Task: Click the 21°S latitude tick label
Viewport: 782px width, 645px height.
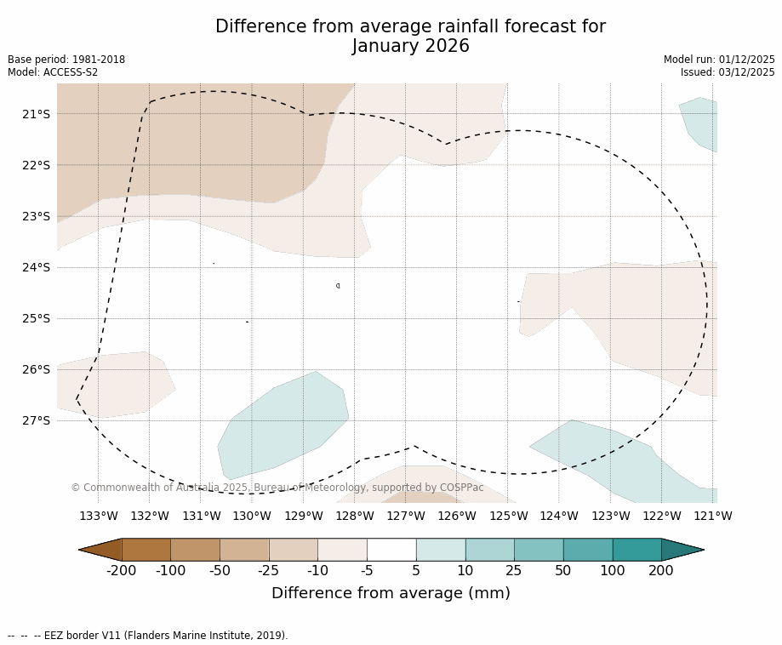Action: (36, 114)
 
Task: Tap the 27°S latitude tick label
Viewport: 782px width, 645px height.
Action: (36, 420)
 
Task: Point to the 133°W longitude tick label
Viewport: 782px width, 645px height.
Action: (99, 516)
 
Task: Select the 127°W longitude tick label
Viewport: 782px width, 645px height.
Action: (406, 516)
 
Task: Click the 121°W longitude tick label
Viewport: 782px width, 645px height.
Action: (713, 516)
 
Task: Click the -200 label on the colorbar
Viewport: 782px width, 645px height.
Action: (122, 570)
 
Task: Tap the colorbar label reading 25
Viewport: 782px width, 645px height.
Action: (514, 570)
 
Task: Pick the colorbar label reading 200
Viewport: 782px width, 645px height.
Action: (661, 570)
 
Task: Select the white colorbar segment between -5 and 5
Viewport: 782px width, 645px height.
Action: (391, 550)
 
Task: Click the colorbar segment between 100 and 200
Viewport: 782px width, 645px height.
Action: (636, 550)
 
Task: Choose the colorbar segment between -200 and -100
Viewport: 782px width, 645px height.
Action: (146, 550)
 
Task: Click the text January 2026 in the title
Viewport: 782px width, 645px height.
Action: (410, 46)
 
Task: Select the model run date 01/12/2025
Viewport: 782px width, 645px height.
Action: (746, 60)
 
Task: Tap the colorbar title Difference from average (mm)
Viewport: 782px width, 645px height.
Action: (391, 593)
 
